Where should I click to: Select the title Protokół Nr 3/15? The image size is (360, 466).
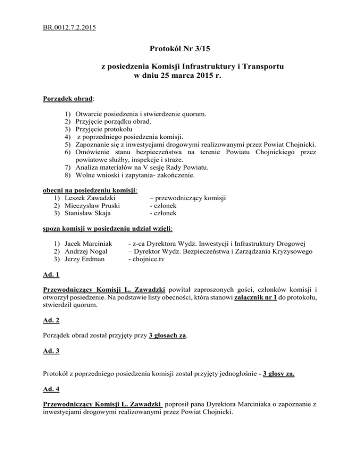click(x=180, y=48)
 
